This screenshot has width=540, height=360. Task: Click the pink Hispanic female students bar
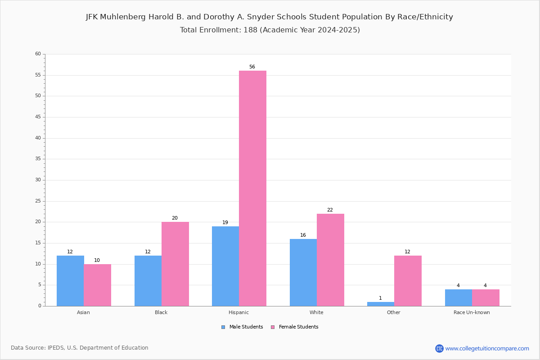252,188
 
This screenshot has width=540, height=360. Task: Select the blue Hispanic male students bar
225,266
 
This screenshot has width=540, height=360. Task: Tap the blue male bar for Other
381,304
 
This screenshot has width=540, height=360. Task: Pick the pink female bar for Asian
97,285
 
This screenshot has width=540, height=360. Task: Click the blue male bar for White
303,272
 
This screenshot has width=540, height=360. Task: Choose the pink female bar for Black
175,264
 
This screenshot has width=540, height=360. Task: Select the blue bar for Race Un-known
459,298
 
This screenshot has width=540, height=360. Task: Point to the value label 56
252,67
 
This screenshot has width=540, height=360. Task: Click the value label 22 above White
330,210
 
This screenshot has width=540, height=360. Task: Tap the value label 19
225,222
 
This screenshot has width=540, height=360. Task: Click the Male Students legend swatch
223,327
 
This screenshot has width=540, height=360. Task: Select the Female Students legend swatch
273,327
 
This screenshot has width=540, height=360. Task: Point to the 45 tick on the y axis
38,117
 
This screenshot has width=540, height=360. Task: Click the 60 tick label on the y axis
38,54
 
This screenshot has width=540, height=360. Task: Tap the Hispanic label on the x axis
238,312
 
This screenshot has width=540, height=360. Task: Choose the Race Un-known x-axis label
472,312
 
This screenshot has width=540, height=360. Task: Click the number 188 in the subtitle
251,30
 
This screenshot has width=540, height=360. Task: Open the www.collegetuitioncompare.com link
487,348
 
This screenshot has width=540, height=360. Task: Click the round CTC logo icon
439,348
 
